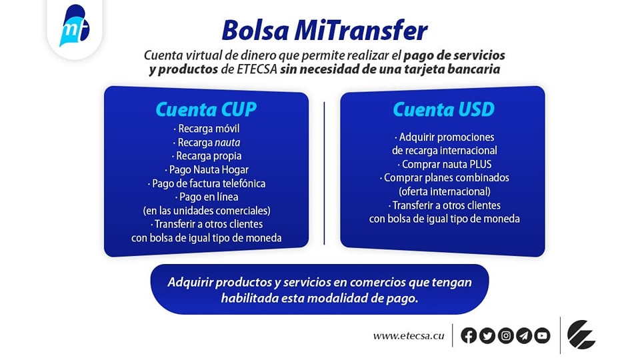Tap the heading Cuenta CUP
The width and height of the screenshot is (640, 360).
tap(206, 109)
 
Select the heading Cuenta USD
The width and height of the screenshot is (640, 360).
tap(443, 109)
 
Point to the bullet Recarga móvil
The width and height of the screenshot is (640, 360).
tap(206, 129)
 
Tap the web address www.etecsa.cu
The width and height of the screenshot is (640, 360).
tap(408, 336)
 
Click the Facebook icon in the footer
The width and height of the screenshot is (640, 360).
tap(469, 336)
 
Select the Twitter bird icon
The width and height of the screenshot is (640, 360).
tap(487, 336)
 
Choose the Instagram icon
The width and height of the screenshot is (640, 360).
tap(505, 336)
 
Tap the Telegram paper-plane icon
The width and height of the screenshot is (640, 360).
tap(523, 336)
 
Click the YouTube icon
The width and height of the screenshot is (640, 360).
tap(542, 336)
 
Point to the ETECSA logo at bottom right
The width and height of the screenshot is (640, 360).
tap(581, 335)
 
